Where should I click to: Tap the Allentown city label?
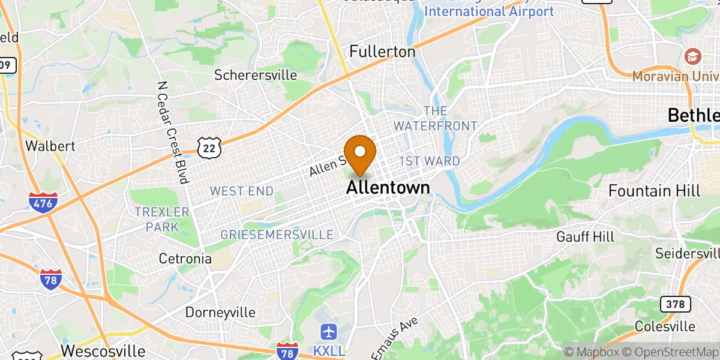point(388,188)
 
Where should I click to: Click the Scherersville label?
point(256,75)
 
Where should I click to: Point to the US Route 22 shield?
point(209,146)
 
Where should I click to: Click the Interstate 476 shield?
point(43,202)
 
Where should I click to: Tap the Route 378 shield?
point(674,304)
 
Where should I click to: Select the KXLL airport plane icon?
point(328,331)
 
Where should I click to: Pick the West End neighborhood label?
point(241,191)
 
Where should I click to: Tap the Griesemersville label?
point(277,234)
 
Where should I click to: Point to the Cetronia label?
point(185,259)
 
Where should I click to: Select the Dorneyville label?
point(220,313)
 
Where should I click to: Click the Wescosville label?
point(103,350)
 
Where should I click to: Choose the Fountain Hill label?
point(654,191)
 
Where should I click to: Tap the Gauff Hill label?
point(585,236)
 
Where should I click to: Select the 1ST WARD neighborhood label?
point(430,161)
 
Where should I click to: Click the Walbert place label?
point(50,146)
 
